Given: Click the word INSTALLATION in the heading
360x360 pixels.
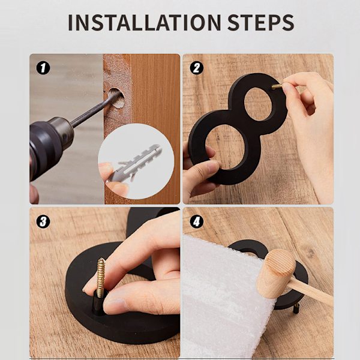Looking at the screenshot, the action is tap(145, 23).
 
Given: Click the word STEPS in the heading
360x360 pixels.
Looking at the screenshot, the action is tap(261, 23).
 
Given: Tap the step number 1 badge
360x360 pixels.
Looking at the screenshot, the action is tap(43, 68).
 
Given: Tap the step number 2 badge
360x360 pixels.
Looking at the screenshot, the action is tap(197, 68).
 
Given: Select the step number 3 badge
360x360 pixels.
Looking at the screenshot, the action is tap(43, 222).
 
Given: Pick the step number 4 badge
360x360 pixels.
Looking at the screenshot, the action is tap(197, 222).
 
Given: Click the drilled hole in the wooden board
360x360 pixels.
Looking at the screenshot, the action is tap(116, 98).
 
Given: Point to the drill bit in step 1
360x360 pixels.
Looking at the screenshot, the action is tap(95, 110).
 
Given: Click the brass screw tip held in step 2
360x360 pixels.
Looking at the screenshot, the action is tap(277, 86).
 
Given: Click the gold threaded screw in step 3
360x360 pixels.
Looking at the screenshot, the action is tap(101, 278).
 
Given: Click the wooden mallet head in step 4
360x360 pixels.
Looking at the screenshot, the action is tap(276, 274).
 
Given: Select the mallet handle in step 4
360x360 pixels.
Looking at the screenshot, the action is tap(310, 293).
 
